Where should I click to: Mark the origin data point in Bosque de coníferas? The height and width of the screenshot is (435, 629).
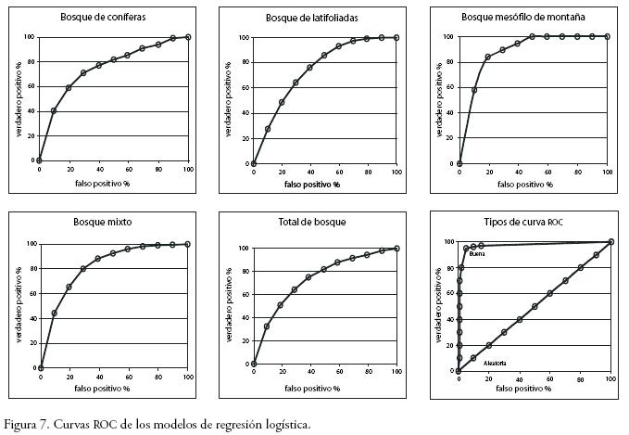39,160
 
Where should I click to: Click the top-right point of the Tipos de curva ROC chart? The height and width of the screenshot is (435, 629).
610,242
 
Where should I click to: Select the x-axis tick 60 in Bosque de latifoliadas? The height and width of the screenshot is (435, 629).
339,173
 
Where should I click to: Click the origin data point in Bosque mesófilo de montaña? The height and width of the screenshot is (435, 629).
459,164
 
